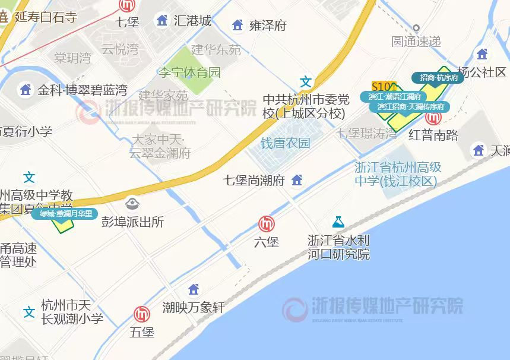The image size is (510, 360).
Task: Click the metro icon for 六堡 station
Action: point(267,224)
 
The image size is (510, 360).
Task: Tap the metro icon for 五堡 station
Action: point(142,314)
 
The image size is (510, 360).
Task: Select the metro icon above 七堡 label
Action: point(127,5)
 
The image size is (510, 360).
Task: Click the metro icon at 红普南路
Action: point(433,117)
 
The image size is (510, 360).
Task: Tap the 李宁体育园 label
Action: point(189,72)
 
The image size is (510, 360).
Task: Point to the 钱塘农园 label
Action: point(285,143)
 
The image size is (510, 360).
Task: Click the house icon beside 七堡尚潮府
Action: point(297,179)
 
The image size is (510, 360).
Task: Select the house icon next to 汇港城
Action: point(161,21)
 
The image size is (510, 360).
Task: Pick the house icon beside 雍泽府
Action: point(237,25)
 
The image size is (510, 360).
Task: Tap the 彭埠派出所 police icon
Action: point(132,204)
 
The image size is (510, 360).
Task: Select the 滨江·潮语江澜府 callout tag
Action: point(394,96)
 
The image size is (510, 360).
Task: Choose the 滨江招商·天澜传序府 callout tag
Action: point(410,107)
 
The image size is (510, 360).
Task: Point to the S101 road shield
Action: point(383,86)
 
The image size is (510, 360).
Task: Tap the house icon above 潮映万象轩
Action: point(193,289)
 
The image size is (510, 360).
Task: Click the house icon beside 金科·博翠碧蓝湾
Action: point(26,90)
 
